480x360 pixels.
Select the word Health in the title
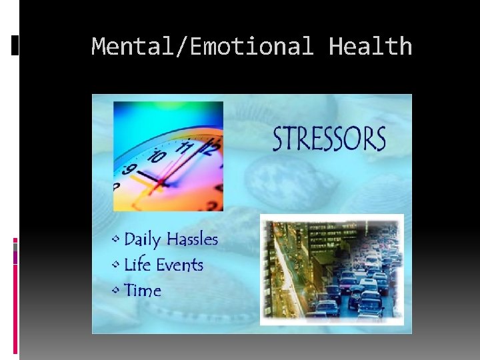tap(371, 47)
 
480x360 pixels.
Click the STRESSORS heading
tap(329, 139)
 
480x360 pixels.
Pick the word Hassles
tap(192, 239)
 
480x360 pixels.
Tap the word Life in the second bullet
tap(137, 265)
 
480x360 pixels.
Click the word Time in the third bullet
tap(143, 291)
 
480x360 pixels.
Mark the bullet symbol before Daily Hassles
tap(117, 239)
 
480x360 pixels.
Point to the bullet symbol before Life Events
tap(117, 265)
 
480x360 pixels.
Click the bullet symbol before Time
tap(117, 290)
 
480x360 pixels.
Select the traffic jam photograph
tap(331, 269)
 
